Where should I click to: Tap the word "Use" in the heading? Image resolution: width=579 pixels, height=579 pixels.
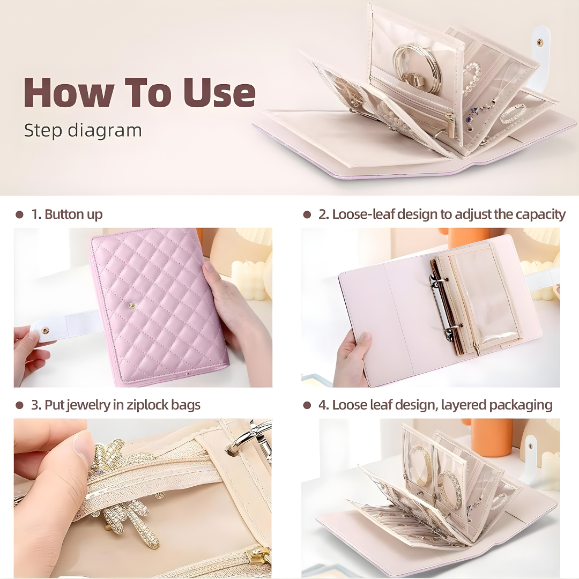point(219,93)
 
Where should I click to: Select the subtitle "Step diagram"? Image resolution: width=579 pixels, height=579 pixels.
point(83,131)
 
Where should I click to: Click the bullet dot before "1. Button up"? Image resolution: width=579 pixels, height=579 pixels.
point(20,214)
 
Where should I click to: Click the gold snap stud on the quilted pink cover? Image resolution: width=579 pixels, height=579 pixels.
point(131,305)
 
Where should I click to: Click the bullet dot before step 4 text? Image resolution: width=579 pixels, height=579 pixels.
point(307,405)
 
